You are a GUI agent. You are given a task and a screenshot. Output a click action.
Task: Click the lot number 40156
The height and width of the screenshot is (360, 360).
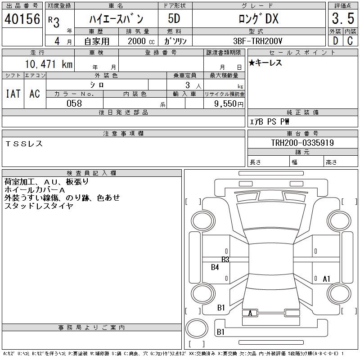22,19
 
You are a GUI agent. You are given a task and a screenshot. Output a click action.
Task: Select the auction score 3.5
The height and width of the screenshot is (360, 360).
343,18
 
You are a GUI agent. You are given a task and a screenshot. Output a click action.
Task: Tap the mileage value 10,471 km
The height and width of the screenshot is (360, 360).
49,64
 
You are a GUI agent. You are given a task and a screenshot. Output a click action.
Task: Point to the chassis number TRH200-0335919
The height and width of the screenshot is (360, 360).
302,143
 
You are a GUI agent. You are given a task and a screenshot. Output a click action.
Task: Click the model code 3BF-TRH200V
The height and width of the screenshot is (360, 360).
257,41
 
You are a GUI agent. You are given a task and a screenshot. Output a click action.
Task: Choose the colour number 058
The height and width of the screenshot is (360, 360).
74,103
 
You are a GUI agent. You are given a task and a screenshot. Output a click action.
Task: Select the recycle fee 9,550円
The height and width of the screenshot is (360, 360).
229,104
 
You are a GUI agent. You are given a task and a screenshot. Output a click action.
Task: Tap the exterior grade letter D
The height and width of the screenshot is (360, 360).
335,41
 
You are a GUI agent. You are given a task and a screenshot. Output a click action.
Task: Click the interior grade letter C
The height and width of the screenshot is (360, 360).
350,41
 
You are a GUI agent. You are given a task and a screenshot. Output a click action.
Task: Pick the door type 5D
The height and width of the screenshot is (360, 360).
174,18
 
